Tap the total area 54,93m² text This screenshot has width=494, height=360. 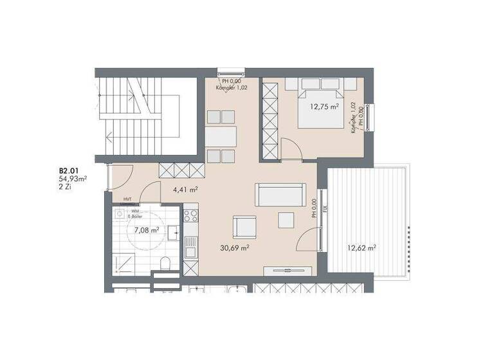click(73, 179)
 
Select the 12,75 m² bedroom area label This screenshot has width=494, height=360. click(325, 107)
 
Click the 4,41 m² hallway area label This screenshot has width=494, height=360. click(185, 190)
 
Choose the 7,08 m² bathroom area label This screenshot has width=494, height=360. click(147, 229)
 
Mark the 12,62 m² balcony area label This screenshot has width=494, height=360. click(361, 247)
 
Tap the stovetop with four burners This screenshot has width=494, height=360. click(190, 215)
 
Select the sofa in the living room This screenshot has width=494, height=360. click(280, 194)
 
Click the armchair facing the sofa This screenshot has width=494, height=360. click(244, 226)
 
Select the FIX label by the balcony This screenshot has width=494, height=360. click(325, 208)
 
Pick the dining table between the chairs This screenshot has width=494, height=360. click(221, 136)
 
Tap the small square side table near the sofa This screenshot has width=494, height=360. click(286, 220)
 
